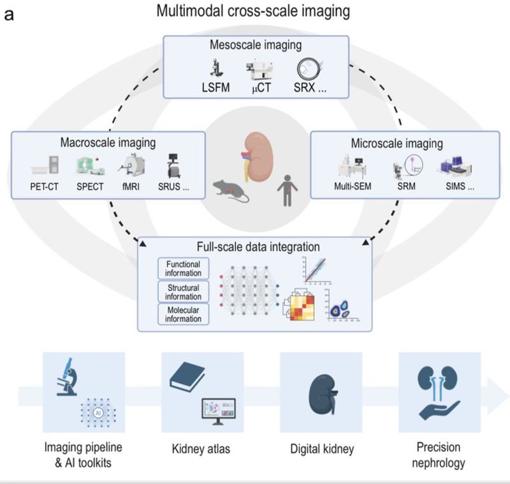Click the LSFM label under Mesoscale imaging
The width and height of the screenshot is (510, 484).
[x=219, y=87]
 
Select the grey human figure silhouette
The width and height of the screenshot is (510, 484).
[x=286, y=189]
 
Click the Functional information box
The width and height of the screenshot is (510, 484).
[x=184, y=269]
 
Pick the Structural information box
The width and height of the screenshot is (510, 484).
[x=184, y=292]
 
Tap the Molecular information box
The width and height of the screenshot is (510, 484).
[x=184, y=315]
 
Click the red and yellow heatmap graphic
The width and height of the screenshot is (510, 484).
[x=305, y=305]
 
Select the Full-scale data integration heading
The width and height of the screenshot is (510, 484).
[x=255, y=246]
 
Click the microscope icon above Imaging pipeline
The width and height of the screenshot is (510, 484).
[x=68, y=376]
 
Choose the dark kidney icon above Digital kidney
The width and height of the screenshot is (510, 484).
[x=323, y=391]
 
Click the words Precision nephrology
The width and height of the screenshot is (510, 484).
[x=438, y=455]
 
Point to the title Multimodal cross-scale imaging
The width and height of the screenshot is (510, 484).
[x=256, y=12]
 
